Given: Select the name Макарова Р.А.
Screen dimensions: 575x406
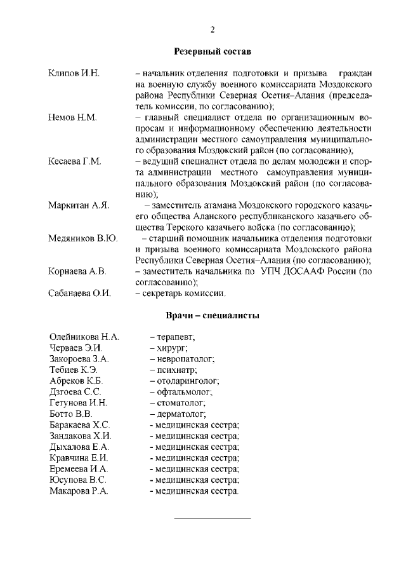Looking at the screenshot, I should click(x=79, y=491).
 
